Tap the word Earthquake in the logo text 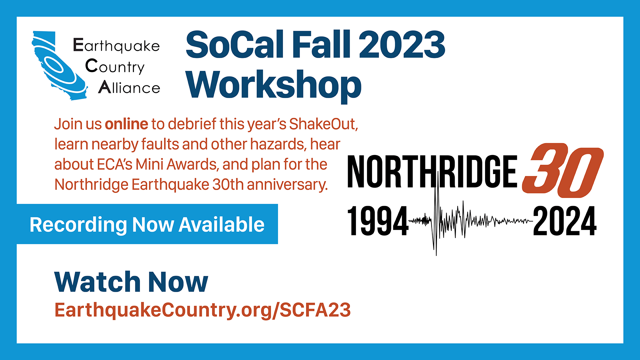[116, 46]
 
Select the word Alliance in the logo [129, 87]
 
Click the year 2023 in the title [402, 44]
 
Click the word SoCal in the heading [234, 44]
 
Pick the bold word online [126, 124]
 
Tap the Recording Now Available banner [147, 224]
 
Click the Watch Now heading [131, 282]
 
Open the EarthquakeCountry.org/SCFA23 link [203, 310]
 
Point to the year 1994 [378, 221]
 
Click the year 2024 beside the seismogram [565, 221]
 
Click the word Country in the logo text [115, 66]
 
